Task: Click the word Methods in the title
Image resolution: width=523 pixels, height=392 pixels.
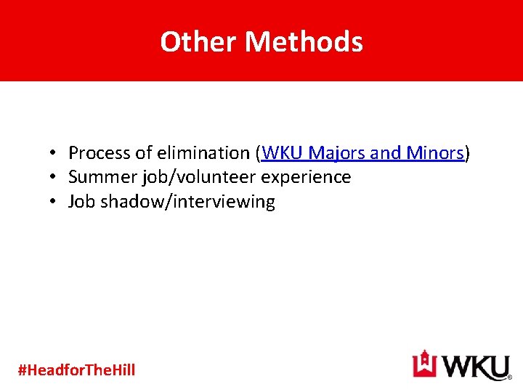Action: (304, 42)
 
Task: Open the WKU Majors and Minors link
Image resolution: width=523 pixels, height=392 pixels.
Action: (362, 153)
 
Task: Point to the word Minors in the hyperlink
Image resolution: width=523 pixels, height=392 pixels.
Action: (434, 153)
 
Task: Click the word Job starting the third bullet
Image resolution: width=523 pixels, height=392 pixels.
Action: (82, 202)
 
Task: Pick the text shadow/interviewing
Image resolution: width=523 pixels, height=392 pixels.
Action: (187, 202)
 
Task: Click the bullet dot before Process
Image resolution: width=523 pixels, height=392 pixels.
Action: (54, 154)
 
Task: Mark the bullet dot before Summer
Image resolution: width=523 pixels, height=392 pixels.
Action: (54, 178)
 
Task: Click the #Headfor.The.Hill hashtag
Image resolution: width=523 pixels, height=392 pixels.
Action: (76, 370)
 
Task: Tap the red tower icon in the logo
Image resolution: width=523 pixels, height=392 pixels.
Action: (423, 364)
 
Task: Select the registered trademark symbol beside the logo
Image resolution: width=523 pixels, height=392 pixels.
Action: (509, 377)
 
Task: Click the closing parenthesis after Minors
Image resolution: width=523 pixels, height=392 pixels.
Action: (468, 153)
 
